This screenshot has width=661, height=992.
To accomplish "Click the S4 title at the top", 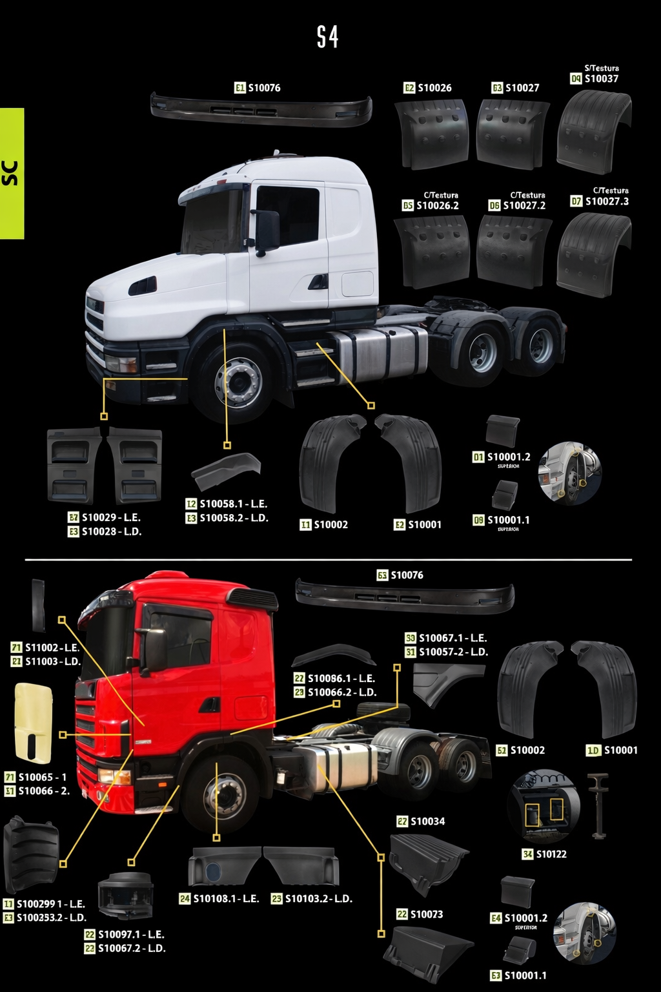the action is click(x=327, y=37).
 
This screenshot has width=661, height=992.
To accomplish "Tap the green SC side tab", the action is click(x=12, y=173).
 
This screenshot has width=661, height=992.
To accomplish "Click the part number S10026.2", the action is click(x=437, y=205).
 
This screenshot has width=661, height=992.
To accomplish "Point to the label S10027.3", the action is click(x=606, y=201).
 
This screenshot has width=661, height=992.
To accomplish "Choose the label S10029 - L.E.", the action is click(x=110, y=517).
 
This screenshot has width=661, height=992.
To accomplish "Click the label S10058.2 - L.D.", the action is click(x=233, y=518).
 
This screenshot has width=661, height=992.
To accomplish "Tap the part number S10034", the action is click(x=427, y=821).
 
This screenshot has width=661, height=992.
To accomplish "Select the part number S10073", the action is click(x=426, y=914).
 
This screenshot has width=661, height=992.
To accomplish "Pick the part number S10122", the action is click(x=551, y=854).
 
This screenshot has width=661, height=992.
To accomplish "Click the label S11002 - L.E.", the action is click(x=52, y=647).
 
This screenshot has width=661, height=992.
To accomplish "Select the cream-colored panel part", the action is click(x=33, y=723).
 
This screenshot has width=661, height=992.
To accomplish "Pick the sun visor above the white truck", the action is click(x=261, y=108).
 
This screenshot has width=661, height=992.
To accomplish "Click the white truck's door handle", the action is click(x=318, y=282).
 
